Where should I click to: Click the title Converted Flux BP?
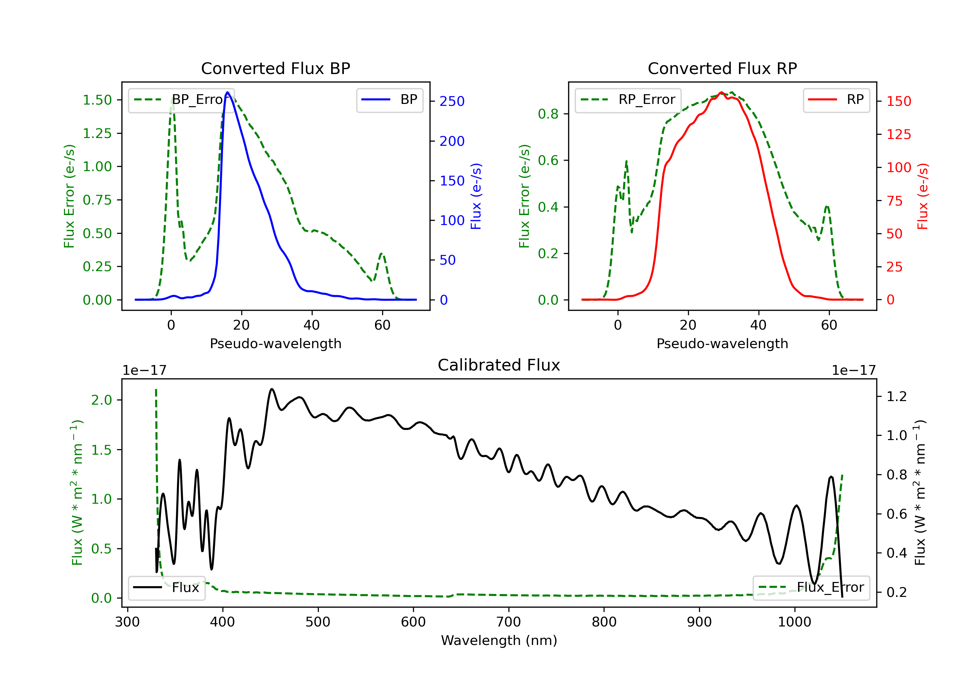point(275,68)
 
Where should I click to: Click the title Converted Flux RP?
point(722,68)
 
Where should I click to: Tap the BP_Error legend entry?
point(181,100)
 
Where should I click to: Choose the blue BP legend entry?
point(389,100)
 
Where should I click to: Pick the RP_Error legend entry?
point(628,100)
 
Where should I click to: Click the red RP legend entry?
point(836,100)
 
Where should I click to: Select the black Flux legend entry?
point(166,587)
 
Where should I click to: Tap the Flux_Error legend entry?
point(811,587)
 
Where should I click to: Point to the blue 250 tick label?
point(452,101)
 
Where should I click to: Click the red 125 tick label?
point(898,134)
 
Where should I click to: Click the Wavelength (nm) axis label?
point(499,640)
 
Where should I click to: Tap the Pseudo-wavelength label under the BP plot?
point(276,343)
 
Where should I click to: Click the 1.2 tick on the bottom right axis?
point(897,397)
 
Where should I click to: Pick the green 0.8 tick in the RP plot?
point(548,114)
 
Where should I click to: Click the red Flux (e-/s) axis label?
point(923,196)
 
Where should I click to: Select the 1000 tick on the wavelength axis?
point(794,622)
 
